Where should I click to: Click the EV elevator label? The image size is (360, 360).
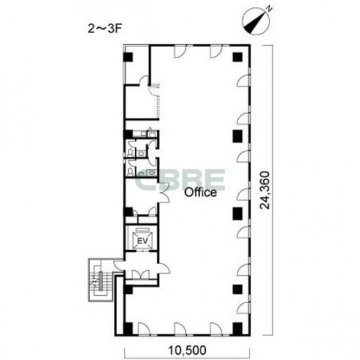point(142,241)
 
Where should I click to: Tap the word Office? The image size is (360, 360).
point(201,193)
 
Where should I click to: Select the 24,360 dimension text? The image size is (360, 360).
point(265,190)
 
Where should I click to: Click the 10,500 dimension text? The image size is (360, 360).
point(187,350)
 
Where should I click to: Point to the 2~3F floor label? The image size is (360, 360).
point(105,29)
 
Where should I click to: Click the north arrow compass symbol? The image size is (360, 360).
point(257,21)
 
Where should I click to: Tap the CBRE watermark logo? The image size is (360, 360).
point(180,180)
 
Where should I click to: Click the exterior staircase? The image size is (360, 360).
point(101,280)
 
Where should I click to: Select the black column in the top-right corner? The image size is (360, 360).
point(238,57)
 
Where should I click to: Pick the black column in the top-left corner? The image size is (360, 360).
point(128,57)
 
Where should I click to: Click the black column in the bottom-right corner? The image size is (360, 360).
point(238,328)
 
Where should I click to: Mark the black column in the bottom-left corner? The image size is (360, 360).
point(128,328)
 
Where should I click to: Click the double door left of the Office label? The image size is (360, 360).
point(164,193)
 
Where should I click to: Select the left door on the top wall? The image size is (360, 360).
point(180,52)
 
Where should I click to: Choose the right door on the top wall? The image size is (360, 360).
point(216,52)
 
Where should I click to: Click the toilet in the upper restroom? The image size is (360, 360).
point(130,153)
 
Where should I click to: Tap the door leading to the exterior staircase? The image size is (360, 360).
point(119,265)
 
